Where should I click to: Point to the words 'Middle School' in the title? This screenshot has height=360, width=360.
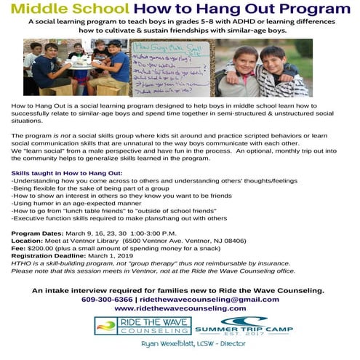click(x=73, y=9)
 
